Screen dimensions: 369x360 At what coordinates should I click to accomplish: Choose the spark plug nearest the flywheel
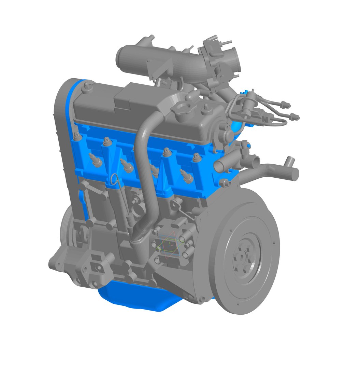[x=187, y=176]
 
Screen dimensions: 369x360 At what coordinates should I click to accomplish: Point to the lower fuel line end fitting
[x=296, y=118]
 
